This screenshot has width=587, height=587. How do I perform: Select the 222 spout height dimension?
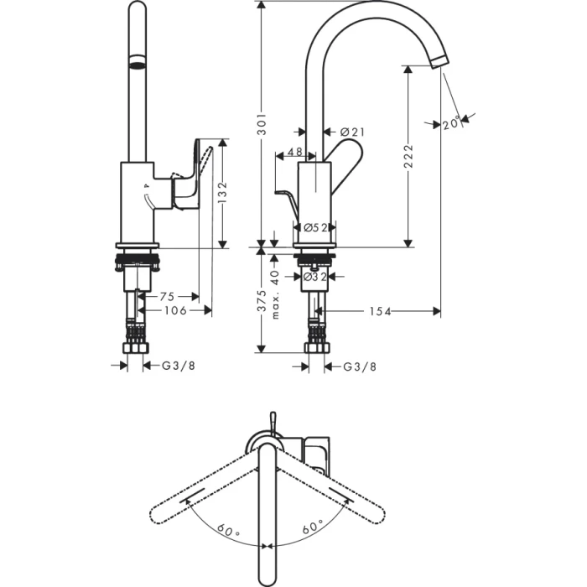click(408, 156)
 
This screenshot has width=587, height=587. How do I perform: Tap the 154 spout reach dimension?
click(380, 311)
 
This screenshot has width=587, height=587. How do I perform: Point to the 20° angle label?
click(452, 122)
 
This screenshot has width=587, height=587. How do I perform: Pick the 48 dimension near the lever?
click(294, 153)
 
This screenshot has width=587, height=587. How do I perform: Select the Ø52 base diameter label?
click(314, 227)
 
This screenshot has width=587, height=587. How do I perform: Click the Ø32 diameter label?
click(314, 276)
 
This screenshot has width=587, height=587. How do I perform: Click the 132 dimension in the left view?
click(223, 194)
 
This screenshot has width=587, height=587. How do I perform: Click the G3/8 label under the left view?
click(178, 366)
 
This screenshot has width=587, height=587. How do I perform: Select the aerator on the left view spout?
click(136, 64)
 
